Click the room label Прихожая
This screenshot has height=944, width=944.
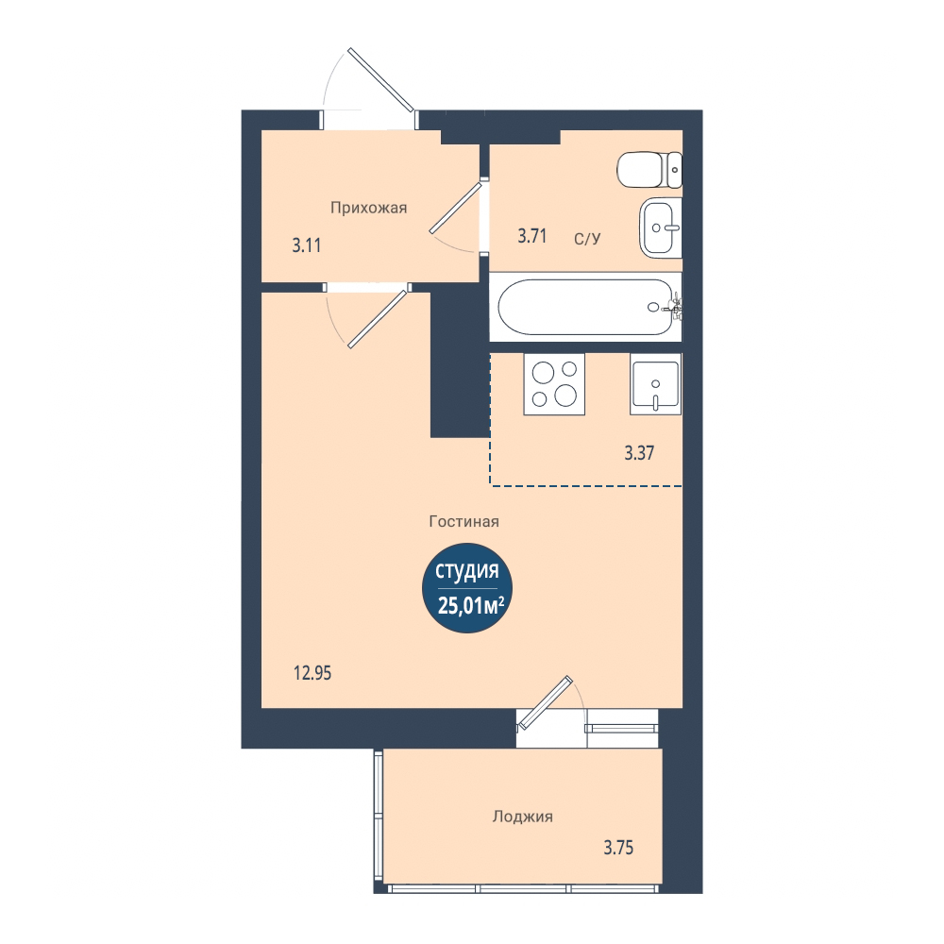coord(368,209)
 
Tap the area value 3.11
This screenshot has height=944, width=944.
coord(307,245)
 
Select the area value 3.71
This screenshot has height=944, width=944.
coord(532,236)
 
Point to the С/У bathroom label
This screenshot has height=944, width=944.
coord(587,239)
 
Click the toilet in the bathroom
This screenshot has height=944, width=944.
coord(649,170)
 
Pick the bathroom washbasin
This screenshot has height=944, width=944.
coord(661,228)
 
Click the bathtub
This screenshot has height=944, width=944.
coord(586,307)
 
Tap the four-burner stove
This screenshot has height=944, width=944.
coord(554,384)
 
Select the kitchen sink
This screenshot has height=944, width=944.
coord(656,384)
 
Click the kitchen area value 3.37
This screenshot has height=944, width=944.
coord(639,453)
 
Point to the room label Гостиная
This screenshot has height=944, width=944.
coord(464,521)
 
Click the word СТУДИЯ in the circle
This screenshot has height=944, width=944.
coord(467,571)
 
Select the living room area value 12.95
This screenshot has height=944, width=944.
coord(312,673)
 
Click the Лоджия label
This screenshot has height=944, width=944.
coord(523,817)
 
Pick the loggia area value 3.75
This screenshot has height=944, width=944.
coord(618,848)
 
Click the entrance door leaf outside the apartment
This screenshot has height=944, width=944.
coord(381,80)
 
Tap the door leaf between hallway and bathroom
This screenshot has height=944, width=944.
coord(456,208)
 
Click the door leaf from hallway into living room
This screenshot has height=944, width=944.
coord(378,319)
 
